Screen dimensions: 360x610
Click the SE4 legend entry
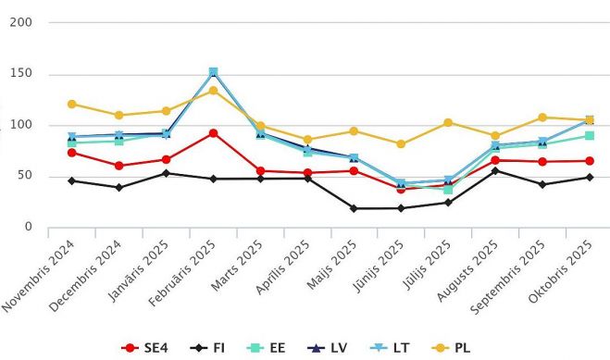142,348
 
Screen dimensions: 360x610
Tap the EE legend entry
270,348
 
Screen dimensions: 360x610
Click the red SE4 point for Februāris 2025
213,133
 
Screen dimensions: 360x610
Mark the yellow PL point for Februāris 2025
213,91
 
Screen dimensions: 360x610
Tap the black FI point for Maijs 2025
354,208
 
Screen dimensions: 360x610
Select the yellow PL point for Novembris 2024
72,105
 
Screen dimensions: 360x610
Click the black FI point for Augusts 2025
495,170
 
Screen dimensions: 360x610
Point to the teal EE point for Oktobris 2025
589,136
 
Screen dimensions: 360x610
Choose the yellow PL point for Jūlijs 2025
448,122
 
